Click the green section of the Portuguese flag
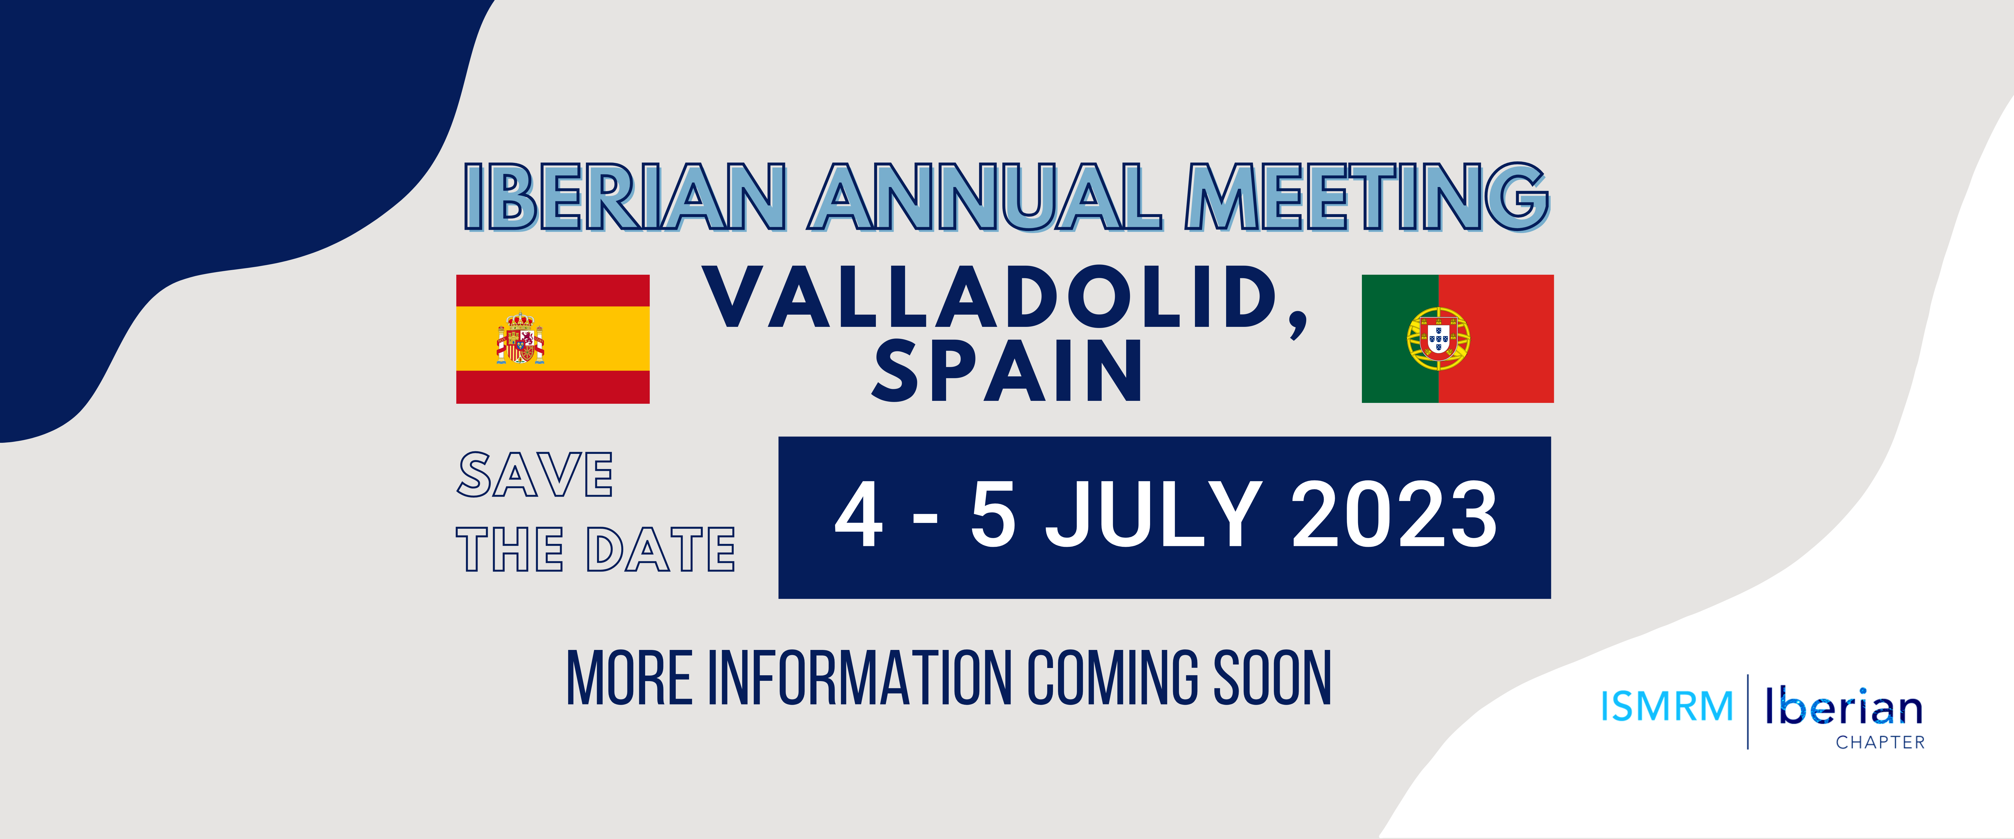(x=1399, y=339)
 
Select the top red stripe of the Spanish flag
(x=553, y=290)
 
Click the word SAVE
(x=536, y=475)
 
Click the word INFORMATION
(x=860, y=677)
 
